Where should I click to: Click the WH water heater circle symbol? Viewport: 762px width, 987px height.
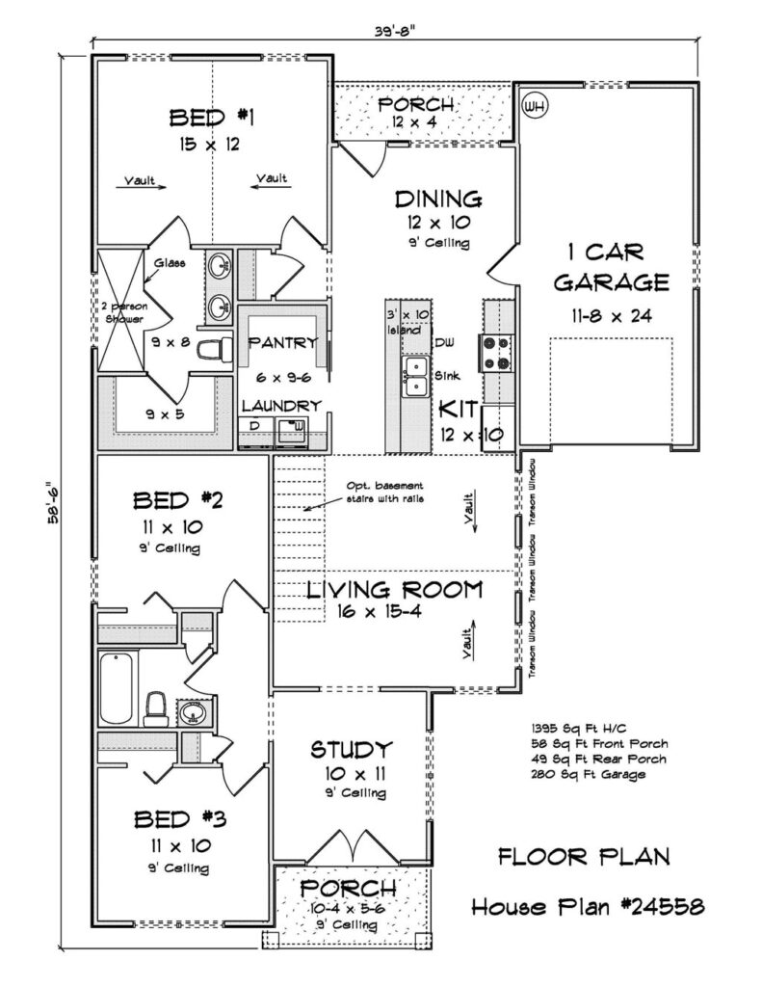tap(535, 105)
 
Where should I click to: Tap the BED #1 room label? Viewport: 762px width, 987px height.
tap(211, 117)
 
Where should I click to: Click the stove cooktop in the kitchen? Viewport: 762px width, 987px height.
tap(496, 353)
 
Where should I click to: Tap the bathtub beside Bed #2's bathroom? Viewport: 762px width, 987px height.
tap(117, 688)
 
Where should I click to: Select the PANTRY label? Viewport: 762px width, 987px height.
tap(283, 342)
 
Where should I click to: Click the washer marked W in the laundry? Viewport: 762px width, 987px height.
tap(291, 430)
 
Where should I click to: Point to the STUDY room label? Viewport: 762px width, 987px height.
tap(352, 749)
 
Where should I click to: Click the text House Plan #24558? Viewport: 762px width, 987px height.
tap(588, 906)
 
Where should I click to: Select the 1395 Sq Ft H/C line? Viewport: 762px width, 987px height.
tap(579, 729)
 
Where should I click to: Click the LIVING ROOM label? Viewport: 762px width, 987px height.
tap(395, 590)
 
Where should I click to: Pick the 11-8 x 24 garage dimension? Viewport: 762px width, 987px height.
tap(611, 315)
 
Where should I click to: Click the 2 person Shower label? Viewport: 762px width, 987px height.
tap(124, 313)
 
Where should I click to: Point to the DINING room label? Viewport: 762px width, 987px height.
tap(438, 200)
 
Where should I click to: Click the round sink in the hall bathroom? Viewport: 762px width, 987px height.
tap(191, 712)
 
